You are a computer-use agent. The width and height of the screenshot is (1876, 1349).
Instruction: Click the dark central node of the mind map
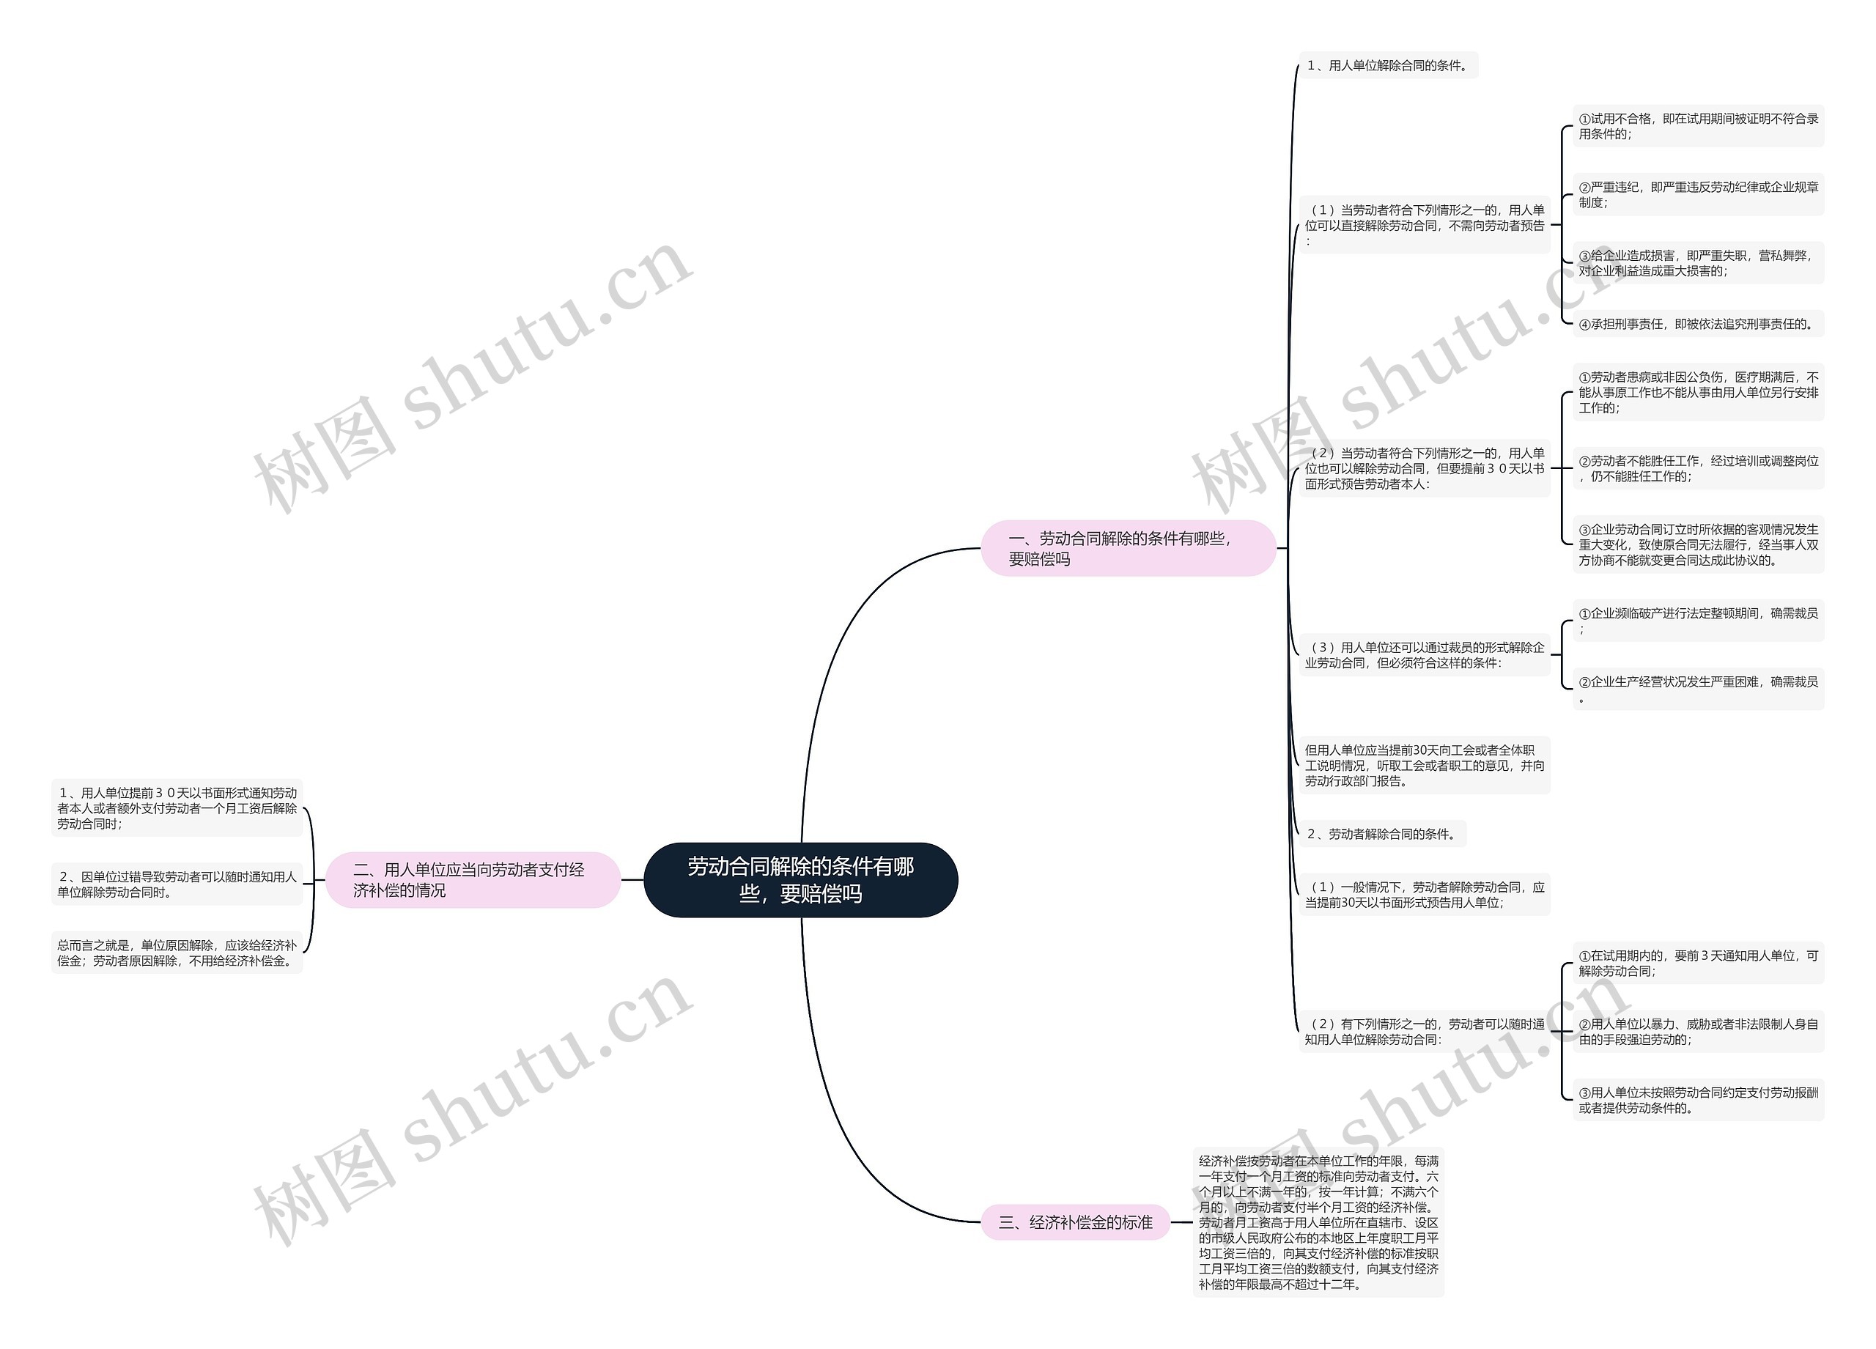[801, 879]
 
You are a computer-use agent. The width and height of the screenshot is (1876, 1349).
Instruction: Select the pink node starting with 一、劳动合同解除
[1129, 547]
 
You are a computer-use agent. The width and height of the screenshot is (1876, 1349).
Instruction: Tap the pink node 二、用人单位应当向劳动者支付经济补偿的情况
[473, 879]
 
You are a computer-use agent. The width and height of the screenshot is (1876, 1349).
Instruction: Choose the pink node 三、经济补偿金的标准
[1075, 1222]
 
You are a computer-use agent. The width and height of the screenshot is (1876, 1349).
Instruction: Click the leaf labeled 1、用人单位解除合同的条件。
[1388, 65]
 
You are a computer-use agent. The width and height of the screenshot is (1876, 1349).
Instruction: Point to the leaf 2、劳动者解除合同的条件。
[1382, 834]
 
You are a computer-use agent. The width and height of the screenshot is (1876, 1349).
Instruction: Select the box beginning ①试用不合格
[1698, 126]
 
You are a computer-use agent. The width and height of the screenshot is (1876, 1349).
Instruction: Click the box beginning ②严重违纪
[1698, 194]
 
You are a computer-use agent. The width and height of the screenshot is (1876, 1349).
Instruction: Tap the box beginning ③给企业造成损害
[1698, 263]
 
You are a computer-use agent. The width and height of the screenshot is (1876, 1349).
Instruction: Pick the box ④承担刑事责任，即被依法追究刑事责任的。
[1698, 323]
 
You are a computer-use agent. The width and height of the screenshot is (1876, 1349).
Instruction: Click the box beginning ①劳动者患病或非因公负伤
[1698, 392]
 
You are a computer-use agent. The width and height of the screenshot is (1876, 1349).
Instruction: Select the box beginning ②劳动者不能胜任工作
[1698, 468]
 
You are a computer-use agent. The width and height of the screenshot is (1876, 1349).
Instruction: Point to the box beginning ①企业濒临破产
[1698, 621]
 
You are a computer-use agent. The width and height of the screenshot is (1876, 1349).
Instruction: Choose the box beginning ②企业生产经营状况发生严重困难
[1698, 689]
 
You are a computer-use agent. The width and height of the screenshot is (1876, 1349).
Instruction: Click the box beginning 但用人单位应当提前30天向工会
[1425, 765]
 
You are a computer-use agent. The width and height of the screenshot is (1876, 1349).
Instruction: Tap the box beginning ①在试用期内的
[1698, 963]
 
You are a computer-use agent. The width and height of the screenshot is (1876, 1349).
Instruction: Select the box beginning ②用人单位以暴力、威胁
[1698, 1032]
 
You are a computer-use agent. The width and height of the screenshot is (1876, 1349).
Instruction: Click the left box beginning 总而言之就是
[177, 952]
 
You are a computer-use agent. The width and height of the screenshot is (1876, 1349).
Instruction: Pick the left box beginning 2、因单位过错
[177, 884]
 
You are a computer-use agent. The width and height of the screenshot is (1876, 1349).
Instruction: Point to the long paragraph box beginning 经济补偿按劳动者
[1318, 1222]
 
